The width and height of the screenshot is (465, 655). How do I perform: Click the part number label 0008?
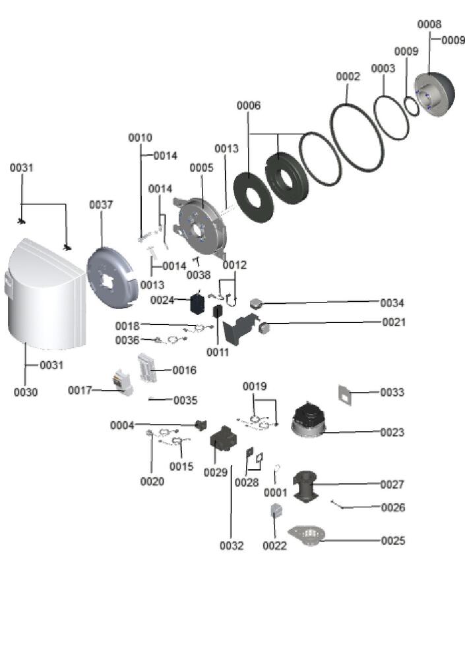pos(429,24)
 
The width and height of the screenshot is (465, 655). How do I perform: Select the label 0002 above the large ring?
pos(348,76)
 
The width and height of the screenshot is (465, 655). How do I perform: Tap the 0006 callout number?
pos(248,105)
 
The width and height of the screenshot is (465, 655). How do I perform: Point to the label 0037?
pos(101,205)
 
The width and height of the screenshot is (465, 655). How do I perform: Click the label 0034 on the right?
pos(392,303)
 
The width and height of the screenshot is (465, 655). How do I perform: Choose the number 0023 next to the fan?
pos(392,432)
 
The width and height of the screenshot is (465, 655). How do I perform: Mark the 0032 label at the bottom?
pos(232,546)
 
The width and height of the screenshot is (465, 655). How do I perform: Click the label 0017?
pos(80,390)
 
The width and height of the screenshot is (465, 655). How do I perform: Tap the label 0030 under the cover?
pos(26,392)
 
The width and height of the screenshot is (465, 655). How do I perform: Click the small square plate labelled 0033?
pos(346,393)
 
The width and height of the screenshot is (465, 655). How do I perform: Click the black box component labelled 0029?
pos(222,436)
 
